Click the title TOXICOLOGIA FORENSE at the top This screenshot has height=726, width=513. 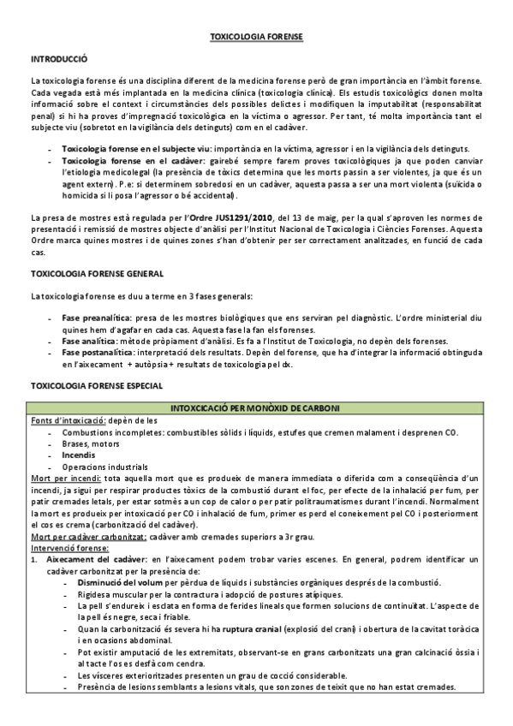(x=256, y=38)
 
